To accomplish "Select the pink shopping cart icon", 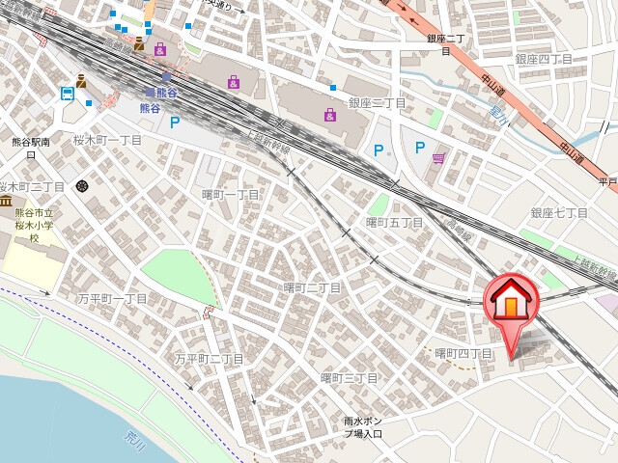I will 439,158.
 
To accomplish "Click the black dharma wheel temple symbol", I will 81,184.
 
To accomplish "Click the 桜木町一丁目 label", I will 107,140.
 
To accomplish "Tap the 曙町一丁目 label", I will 230,195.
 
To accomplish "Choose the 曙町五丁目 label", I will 394,223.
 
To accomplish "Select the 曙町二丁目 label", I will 311,287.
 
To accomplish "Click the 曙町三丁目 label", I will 349,376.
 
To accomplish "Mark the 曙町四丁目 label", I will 463,354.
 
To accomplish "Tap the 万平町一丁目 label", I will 113,299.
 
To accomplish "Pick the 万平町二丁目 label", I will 209,359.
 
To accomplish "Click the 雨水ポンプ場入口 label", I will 363,426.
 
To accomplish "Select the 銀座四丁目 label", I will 544,59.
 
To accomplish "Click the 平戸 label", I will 606,180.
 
